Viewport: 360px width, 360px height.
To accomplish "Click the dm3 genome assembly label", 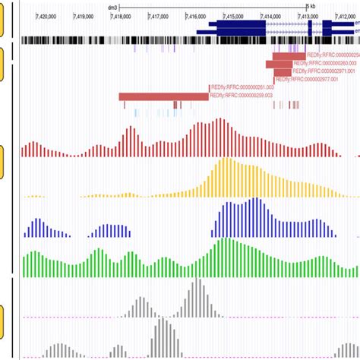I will (113, 6).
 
